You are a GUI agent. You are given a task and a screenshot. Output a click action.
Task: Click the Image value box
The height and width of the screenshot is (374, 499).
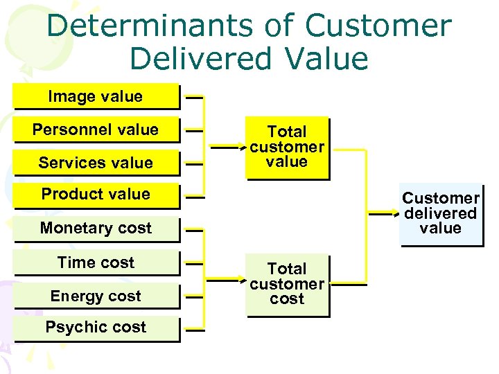click(x=96, y=97)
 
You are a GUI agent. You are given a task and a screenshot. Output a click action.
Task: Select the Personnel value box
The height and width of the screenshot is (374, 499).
click(x=96, y=130)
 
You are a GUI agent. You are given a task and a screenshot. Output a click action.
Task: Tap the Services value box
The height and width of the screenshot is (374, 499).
click(x=96, y=163)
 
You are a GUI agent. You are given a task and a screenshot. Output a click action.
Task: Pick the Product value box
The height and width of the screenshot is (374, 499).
click(x=96, y=194)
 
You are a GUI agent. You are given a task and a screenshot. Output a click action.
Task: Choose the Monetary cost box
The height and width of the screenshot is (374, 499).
click(x=96, y=228)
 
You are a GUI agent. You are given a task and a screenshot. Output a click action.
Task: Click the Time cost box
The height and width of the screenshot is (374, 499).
click(x=96, y=262)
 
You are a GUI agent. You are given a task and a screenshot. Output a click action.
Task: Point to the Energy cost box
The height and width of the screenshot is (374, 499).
click(x=96, y=296)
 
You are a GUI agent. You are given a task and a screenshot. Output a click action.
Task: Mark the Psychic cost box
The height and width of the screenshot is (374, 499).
click(x=96, y=327)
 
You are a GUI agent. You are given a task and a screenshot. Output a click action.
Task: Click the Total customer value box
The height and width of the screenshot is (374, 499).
click(x=287, y=147)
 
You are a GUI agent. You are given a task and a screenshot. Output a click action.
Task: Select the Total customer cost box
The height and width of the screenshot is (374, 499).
click(x=287, y=284)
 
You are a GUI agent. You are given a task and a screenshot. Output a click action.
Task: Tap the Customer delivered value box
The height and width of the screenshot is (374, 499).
click(x=441, y=214)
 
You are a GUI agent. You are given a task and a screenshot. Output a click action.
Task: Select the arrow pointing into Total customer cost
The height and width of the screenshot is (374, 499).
click(x=229, y=283)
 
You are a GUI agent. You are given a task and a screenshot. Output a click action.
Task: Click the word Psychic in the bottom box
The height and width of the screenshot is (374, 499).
click(x=73, y=327)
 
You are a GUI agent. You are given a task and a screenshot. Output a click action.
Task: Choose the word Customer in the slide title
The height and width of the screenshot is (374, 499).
click(x=378, y=26)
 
